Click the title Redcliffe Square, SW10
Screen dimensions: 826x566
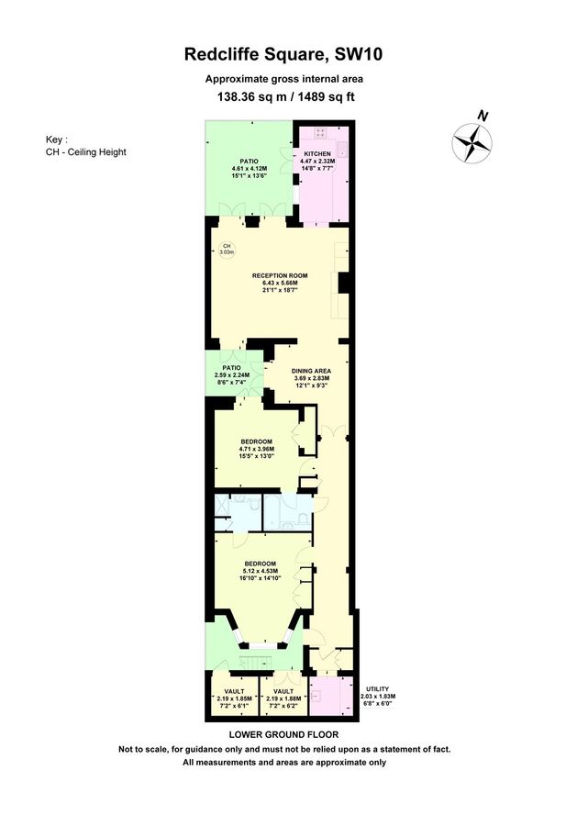[x=283, y=55]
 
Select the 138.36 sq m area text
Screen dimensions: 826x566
[x=245, y=95]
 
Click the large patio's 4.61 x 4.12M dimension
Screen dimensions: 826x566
[x=249, y=168]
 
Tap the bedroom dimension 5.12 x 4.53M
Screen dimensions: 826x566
[x=261, y=571]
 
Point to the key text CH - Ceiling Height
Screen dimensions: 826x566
[x=85, y=152]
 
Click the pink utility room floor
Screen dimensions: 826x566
[x=326, y=696]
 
